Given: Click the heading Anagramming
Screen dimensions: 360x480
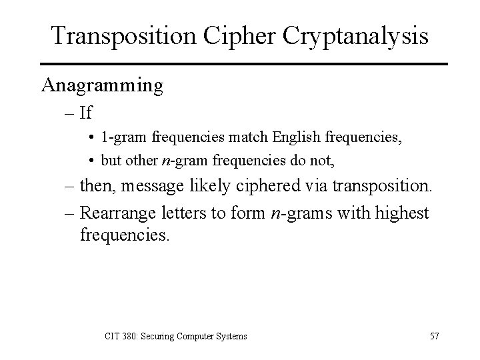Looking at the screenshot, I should [103, 85].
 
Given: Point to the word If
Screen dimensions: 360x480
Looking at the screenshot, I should [85, 113].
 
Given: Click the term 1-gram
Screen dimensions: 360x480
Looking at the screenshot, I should [125, 140].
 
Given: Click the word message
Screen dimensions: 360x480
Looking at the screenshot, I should [166, 189].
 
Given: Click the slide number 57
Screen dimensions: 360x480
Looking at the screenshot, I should [434, 336].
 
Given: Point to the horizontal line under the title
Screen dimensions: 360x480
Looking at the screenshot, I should [240, 63].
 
